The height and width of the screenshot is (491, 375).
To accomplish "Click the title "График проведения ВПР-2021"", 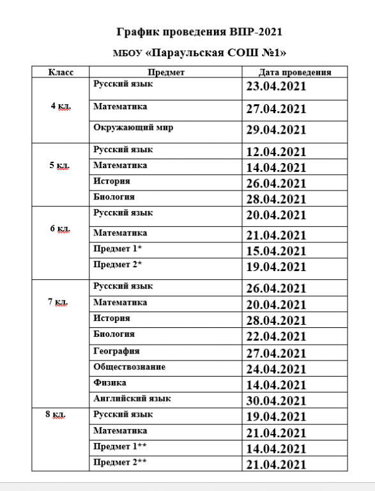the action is pos(200,32).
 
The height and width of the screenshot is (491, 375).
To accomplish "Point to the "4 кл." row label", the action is pos(61,106).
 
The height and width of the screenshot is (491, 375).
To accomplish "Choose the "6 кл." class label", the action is pos(60,228).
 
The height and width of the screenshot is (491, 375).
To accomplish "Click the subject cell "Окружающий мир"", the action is pos(133,127).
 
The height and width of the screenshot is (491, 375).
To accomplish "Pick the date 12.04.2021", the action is pos(277,152).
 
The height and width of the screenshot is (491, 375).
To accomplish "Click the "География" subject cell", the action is pos(116,351).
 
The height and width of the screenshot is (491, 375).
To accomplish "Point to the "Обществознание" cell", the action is pos(129,367).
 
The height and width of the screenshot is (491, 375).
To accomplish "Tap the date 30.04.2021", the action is pos(277,401).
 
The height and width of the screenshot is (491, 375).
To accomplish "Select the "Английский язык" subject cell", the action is pos(132,398).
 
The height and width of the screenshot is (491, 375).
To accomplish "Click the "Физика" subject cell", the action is pos(109,382).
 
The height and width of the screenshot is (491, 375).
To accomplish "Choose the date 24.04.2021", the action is pos(277,369).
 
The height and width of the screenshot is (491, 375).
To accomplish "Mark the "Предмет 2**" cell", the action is pos(119,462).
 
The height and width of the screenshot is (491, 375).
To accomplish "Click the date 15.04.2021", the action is pos(277,251).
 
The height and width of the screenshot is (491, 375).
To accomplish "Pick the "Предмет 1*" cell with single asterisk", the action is pos(117,248).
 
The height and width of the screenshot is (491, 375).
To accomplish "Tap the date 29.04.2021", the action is pos(277,130).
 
